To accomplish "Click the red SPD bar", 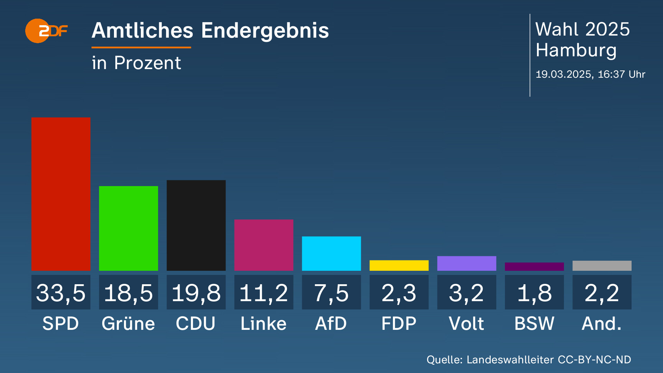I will click(61, 194).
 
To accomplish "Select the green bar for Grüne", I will click(128, 228).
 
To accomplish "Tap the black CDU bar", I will click(196, 225).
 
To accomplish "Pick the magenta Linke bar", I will click(264, 245).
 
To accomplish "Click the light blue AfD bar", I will click(331, 254).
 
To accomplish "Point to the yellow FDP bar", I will click(399, 265).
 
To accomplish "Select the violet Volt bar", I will click(467, 263).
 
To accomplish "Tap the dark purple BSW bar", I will click(534, 267).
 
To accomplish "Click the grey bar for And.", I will click(602, 266).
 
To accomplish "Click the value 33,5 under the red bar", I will click(61, 293).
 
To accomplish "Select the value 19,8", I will click(196, 293).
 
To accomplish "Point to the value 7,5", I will click(331, 293).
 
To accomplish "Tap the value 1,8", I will click(534, 293).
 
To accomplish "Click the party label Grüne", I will click(128, 324).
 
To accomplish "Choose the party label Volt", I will click(467, 324).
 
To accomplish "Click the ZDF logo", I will click(46, 31).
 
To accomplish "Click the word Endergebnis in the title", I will click(265, 31).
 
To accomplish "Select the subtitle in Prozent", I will click(136, 63).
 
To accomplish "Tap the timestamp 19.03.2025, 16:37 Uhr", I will click(590, 74).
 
